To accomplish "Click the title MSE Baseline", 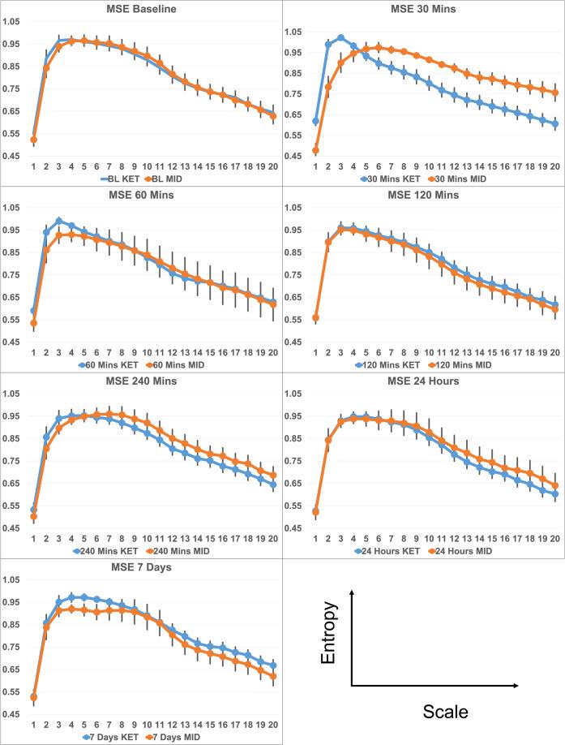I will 143,8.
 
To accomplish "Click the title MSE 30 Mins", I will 423,8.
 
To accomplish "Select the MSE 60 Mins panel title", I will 143,195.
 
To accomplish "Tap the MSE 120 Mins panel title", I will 423,195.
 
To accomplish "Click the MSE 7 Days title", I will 143,567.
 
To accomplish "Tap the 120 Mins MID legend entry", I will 456,363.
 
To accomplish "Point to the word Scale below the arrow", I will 445,713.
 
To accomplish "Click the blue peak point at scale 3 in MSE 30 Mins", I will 340,37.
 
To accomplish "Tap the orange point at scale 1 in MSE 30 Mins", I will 315,150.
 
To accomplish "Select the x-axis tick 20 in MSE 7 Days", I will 273,723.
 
